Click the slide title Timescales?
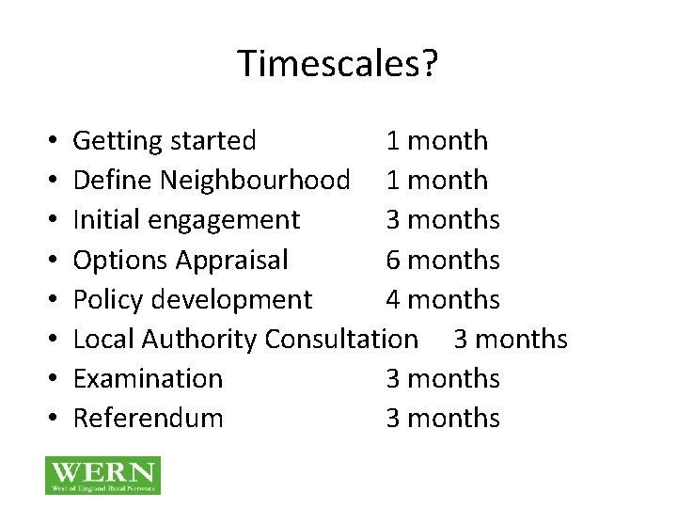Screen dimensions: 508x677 click(338, 64)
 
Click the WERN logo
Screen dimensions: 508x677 click(102, 475)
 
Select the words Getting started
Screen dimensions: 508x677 click(165, 141)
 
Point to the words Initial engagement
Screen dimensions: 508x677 click(186, 220)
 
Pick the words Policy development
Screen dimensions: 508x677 click(192, 299)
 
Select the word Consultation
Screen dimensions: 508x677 click(341, 339)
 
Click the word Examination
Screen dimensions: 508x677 click(148, 378)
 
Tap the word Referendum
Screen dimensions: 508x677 click(148, 418)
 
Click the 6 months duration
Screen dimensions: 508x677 click(443, 260)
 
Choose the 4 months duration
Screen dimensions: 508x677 click(443, 299)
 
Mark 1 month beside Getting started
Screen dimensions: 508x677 click(437, 141)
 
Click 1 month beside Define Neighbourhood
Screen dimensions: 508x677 click(437, 181)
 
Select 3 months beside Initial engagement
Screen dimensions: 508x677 click(443, 220)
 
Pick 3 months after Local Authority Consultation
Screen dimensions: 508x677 click(511, 339)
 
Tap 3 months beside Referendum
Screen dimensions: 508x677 click(443, 418)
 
